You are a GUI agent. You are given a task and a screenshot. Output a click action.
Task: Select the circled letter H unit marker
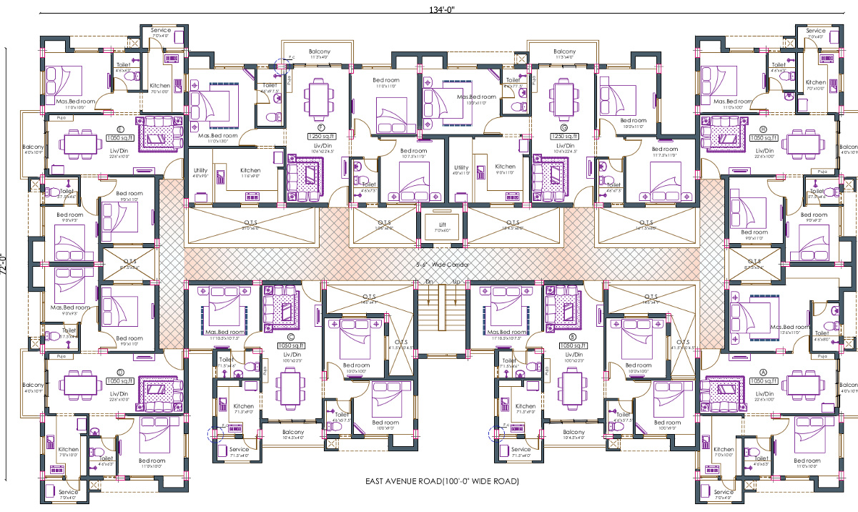click(x=763, y=129)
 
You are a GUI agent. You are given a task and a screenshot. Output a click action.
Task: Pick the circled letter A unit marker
click(x=763, y=373)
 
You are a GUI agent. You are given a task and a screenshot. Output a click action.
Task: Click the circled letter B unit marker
click(x=572, y=336)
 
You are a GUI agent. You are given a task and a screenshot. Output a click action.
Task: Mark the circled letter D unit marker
click(x=120, y=373)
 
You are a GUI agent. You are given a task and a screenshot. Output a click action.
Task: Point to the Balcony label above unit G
click(x=564, y=51)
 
